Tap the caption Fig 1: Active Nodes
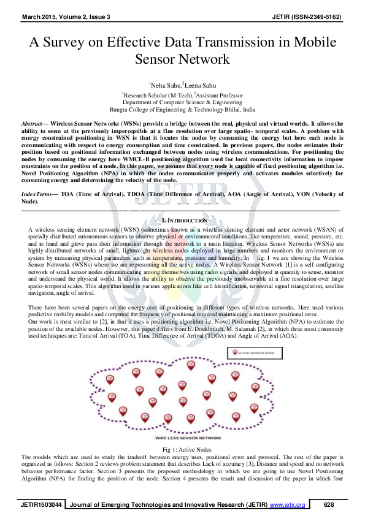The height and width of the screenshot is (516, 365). pyautogui.click(x=182, y=450)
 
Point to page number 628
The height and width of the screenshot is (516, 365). pyautogui.click(x=328, y=504)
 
